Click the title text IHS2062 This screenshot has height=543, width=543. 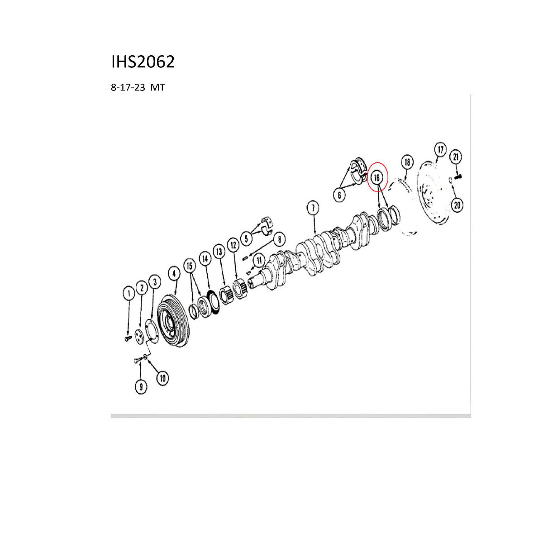143,62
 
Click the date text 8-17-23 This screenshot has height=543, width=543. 128,87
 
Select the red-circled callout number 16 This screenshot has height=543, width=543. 377,178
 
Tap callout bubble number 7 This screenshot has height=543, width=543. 313,208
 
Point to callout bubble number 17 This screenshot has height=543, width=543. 440,150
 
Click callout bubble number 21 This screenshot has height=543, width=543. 456,157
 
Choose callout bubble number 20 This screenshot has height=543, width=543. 457,205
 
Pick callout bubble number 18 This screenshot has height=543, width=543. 407,162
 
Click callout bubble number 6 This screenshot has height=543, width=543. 339,195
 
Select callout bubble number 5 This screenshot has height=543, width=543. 247,238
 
